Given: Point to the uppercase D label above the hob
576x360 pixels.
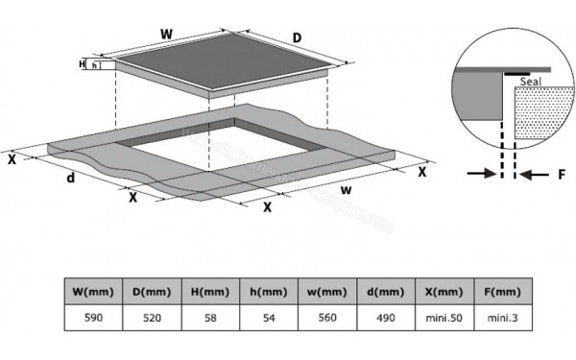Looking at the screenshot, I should [297, 39].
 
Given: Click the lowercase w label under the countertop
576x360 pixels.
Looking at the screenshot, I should [346, 189].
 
